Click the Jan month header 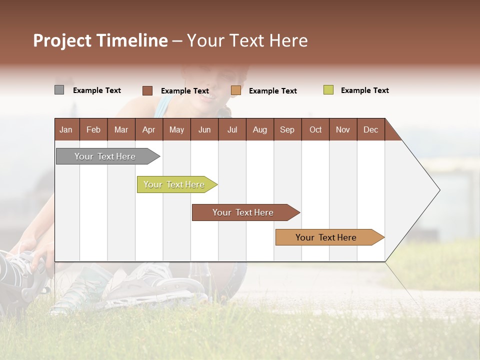[x=66, y=129]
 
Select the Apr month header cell [x=149, y=129]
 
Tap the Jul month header [x=232, y=129]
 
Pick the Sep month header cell [x=287, y=129]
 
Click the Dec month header [x=370, y=129]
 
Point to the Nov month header [x=343, y=129]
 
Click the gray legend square [x=59, y=90]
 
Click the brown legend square [x=147, y=90]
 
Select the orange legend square [x=236, y=90]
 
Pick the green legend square [x=328, y=90]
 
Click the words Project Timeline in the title [x=100, y=40]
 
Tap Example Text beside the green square [x=364, y=90]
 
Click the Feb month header [x=93, y=129]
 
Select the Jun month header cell [x=204, y=129]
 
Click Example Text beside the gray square [x=97, y=90]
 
